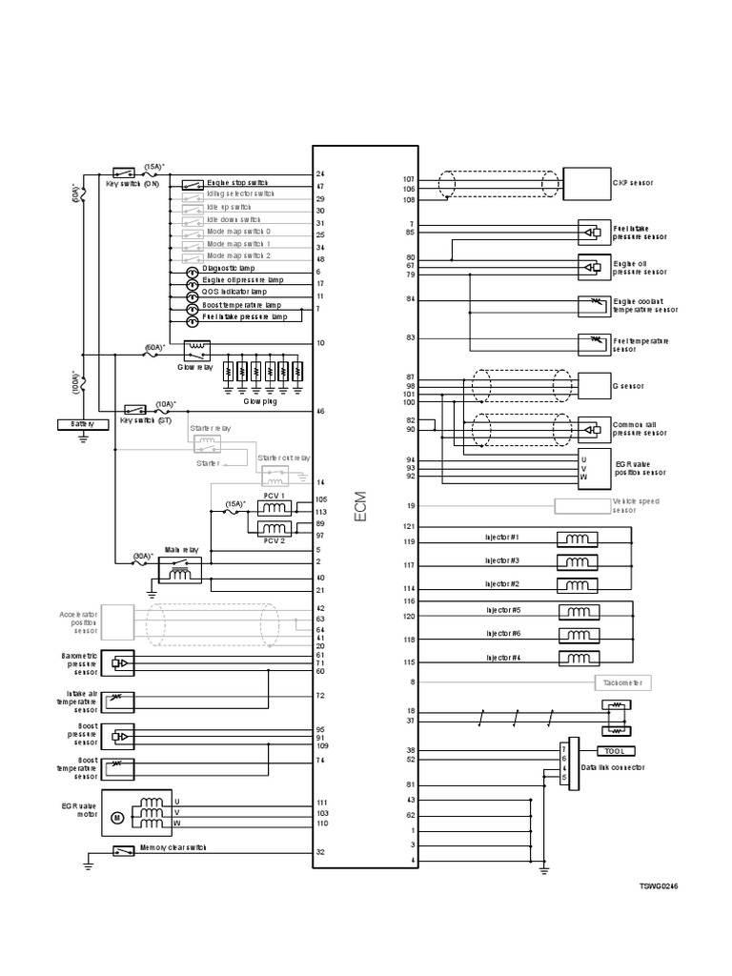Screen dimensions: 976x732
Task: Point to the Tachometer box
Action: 621,682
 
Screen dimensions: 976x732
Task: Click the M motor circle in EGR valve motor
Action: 118,817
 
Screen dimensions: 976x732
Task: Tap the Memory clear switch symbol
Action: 124,850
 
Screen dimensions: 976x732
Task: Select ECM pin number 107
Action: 409,179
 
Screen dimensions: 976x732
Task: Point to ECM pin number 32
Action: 321,852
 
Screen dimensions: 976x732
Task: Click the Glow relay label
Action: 194,366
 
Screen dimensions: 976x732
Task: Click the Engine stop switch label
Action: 237,182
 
